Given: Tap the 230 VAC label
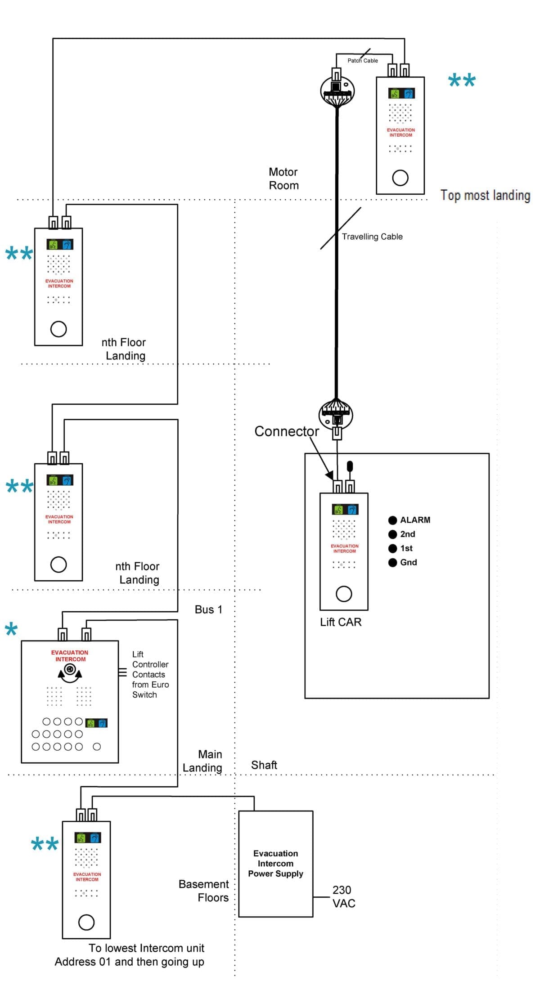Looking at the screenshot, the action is pyautogui.click(x=344, y=896).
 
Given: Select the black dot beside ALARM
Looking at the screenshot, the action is pyautogui.click(x=392, y=520).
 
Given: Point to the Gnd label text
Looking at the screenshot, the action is pyautogui.click(x=409, y=562).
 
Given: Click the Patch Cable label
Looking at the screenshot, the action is pyautogui.click(x=363, y=61).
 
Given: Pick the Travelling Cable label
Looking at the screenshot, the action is pyautogui.click(x=372, y=237).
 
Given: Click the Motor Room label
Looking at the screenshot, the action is pyautogui.click(x=284, y=179).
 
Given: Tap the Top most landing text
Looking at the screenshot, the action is pyautogui.click(x=485, y=195).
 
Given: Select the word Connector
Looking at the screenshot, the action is pyautogui.click(x=287, y=431).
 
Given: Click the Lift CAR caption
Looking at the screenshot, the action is pyautogui.click(x=341, y=622).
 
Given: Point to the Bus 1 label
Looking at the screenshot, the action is pyautogui.click(x=208, y=609).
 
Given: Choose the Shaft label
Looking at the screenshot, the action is pyautogui.click(x=264, y=765).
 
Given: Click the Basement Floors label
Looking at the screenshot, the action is pyautogui.click(x=204, y=891).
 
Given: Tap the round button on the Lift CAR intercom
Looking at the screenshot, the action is pyautogui.click(x=344, y=594).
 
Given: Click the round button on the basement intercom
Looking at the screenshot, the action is pyautogui.click(x=86, y=922).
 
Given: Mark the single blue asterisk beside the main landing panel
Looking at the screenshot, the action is pyautogui.click(x=11, y=629).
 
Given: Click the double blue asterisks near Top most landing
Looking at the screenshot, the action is pyautogui.click(x=462, y=81).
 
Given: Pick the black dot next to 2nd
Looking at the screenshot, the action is pyautogui.click(x=392, y=534).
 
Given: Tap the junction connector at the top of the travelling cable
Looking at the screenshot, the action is pyautogui.click(x=337, y=91).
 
